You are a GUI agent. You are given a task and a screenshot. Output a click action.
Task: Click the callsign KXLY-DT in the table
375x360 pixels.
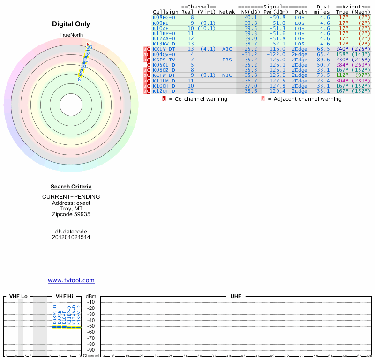click(x=164, y=49)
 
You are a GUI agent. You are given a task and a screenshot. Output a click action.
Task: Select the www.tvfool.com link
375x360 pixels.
click(x=71, y=280)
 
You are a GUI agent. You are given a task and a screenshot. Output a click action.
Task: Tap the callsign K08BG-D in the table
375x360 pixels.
click(x=164, y=17)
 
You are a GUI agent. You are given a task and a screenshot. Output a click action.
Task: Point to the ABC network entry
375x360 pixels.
click(x=227, y=49)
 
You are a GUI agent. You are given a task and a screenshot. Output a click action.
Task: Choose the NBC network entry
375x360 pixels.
click(x=227, y=75)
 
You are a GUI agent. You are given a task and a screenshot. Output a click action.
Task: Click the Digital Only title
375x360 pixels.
click(x=71, y=24)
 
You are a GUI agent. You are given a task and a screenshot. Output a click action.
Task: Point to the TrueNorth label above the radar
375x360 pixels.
click(x=71, y=35)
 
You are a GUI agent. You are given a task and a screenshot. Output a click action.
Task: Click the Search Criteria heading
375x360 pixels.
click(x=71, y=187)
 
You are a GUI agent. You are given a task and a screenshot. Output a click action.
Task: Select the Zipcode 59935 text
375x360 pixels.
click(x=71, y=214)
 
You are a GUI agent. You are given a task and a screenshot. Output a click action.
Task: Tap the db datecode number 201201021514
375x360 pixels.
click(x=71, y=237)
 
